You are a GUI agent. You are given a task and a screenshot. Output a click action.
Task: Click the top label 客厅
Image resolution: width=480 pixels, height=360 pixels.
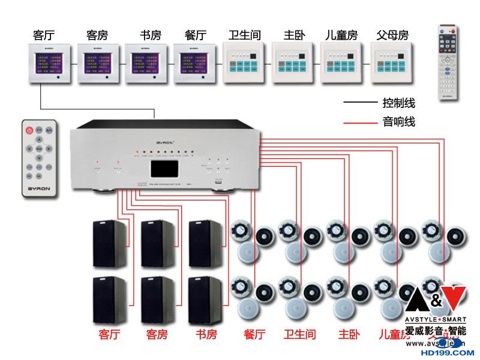pos(44,35)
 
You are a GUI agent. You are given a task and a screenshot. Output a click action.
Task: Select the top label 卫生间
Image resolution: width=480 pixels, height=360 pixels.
pos(245,35)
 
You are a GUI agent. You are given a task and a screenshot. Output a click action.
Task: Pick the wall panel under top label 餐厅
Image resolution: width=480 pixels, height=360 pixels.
pos(196,63)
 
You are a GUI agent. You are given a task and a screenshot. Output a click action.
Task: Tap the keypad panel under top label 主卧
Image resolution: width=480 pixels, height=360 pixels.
pos(293,62)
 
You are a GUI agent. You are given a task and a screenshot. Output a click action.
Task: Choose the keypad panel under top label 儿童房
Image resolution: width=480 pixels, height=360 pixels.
pos(343,62)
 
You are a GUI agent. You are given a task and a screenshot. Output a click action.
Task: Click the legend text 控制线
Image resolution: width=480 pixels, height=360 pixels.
pos(398,103)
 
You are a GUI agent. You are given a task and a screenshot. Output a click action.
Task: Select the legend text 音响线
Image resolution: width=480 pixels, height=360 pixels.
pos(398,122)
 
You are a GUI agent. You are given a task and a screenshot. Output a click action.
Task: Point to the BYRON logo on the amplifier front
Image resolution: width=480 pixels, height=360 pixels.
pos(164,143)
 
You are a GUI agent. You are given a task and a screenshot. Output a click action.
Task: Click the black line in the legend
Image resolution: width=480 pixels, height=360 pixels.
pos(359,103)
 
